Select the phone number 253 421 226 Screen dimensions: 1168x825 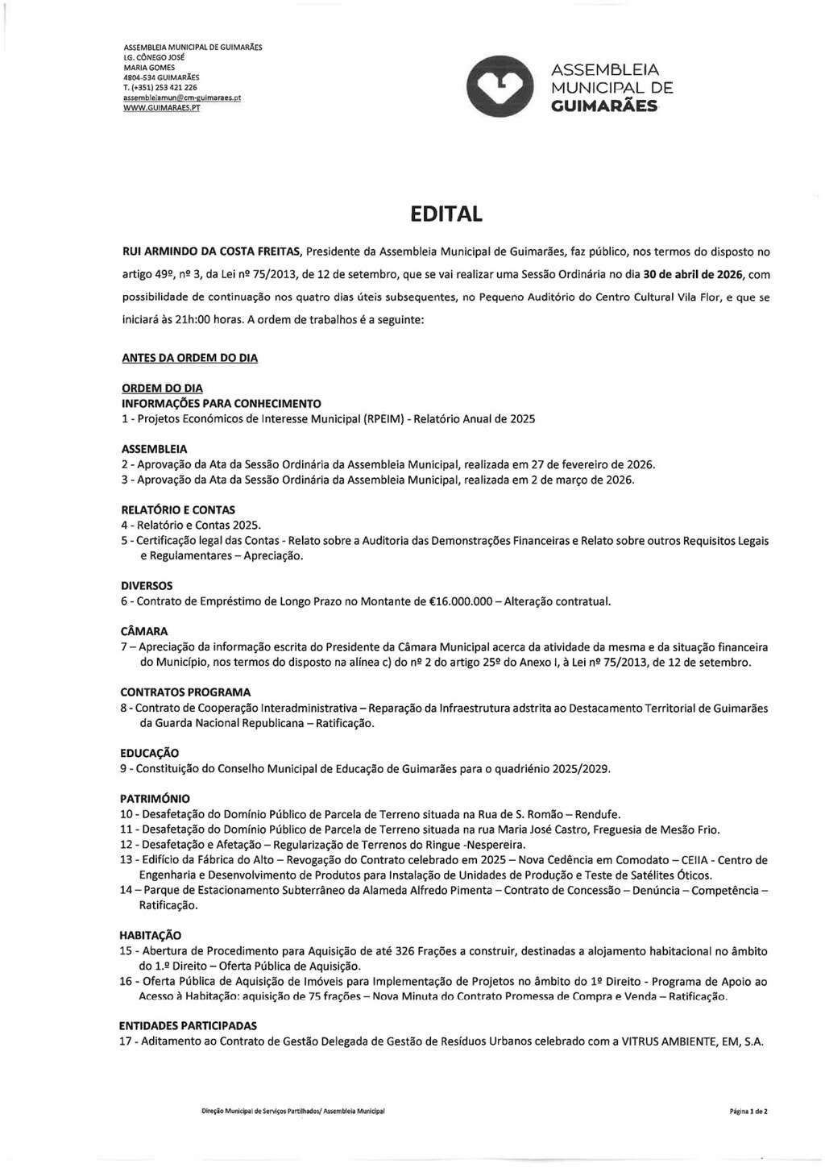pyautogui.click(x=171, y=87)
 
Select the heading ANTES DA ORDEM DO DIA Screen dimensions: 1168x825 pyautogui.click(x=189, y=357)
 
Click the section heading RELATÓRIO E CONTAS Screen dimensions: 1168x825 pyautogui.click(x=177, y=510)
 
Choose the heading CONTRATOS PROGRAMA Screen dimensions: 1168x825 pyautogui.click(x=185, y=692)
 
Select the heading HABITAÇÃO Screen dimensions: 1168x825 pyautogui.click(x=151, y=935)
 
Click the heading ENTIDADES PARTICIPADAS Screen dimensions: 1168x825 pyautogui.click(x=188, y=1026)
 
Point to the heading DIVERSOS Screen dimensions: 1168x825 pyautogui.click(x=147, y=586)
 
